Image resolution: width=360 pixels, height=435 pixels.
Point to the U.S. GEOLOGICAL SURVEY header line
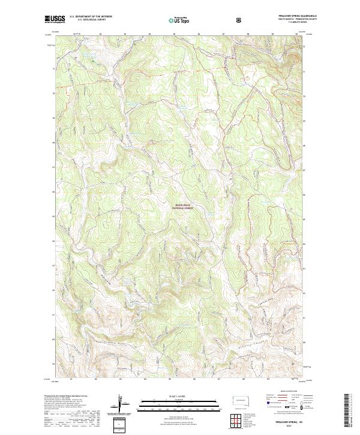tap(88, 20)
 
